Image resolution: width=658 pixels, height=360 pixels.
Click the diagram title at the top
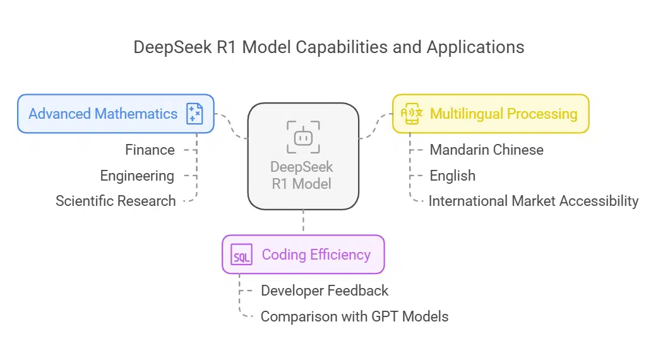click(328, 47)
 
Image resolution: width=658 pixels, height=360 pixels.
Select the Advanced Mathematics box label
click(103, 114)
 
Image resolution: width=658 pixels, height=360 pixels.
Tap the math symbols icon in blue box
click(194, 114)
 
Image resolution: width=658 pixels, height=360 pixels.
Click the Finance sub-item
click(150, 150)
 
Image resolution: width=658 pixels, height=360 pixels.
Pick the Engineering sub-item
click(137, 176)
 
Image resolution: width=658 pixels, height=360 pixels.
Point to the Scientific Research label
click(116, 201)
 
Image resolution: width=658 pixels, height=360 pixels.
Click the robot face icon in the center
click(303, 136)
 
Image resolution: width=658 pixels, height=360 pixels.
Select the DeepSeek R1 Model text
click(302, 176)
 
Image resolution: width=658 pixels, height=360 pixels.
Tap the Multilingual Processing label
click(503, 114)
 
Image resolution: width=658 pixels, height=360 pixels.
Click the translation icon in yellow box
click(411, 114)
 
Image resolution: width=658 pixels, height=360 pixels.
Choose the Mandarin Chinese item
click(486, 150)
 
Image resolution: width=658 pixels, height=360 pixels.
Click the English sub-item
click(452, 176)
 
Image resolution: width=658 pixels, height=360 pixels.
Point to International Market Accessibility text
click(534, 201)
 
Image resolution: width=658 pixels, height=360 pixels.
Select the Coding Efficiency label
click(316, 255)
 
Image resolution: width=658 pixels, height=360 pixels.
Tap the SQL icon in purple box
click(241, 255)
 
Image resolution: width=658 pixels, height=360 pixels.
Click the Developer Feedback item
click(325, 291)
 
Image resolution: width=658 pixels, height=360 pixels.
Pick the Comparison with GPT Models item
click(354, 316)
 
